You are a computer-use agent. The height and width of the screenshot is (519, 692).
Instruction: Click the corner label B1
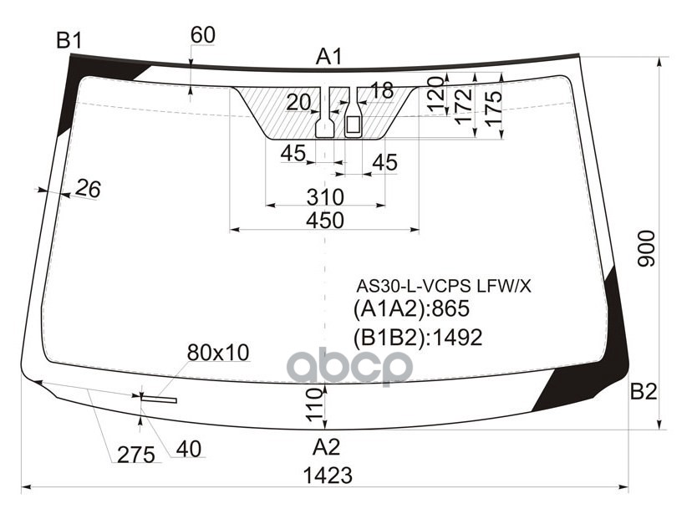click(69, 39)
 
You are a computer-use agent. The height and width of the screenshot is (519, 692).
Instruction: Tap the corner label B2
click(644, 391)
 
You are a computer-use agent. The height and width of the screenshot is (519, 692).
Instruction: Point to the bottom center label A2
click(327, 445)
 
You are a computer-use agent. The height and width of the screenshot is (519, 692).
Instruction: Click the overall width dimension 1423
click(328, 476)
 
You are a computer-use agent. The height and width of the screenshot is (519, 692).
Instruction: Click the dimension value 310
click(325, 197)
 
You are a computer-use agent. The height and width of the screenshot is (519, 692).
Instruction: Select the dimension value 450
click(325, 221)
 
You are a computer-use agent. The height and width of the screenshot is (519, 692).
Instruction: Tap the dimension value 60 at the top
click(203, 35)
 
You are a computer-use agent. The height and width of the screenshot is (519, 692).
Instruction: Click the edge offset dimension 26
click(87, 190)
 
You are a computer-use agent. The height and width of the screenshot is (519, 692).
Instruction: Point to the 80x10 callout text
click(218, 353)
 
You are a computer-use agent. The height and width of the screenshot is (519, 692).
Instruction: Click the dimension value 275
click(135, 455)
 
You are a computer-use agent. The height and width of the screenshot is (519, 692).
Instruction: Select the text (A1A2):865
click(412, 309)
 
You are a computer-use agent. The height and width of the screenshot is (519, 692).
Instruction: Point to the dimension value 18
click(381, 90)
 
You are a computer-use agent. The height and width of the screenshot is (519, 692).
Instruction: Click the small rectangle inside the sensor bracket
click(353, 125)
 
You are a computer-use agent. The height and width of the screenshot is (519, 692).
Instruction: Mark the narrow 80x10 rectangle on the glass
click(159, 399)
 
